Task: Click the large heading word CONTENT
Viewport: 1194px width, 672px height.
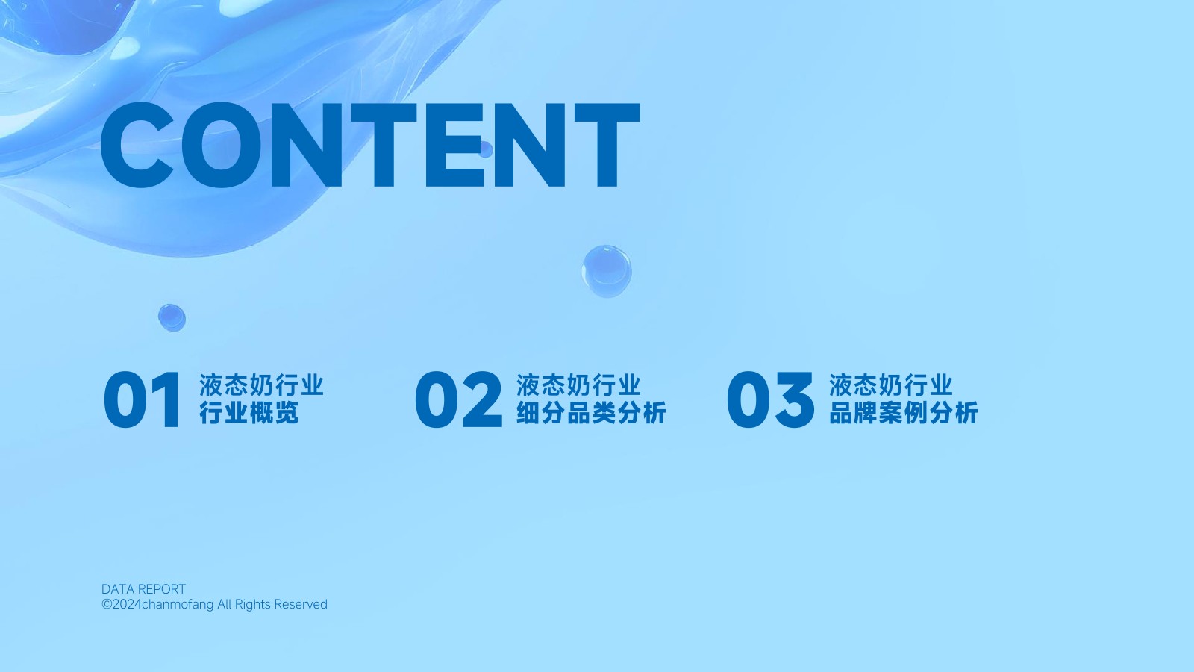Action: tap(370, 145)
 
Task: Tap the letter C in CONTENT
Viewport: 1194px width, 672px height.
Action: tap(137, 145)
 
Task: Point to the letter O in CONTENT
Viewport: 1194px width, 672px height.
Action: tap(222, 145)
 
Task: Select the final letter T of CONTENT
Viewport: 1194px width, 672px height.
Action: tap(607, 145)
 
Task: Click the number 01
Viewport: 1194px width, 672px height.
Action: tap(142, 400)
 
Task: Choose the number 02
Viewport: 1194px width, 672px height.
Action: tap(458, 400)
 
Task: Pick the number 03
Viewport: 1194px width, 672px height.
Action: tap(770, 400)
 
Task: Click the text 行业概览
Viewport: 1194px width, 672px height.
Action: tap(249, 413)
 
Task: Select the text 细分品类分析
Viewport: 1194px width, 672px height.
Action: tap(591, 413)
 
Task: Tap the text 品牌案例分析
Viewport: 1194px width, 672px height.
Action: tap(904, 413)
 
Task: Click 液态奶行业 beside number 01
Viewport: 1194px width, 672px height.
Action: tap(262, 385)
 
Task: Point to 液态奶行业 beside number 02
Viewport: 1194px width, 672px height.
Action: tap(578, 385)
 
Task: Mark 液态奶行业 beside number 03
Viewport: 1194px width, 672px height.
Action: tap(891, 385)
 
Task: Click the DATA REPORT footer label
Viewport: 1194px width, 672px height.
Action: tap(143, 589)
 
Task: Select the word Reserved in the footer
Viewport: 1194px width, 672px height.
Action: tap(301, 604)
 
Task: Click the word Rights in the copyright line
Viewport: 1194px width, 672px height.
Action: tap(253, 605)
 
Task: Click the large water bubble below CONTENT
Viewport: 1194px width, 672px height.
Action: tap(607, 271)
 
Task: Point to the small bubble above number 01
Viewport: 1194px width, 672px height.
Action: tap(172, 318)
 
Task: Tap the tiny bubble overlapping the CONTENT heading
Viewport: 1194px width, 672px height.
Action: tap(486, 149)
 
